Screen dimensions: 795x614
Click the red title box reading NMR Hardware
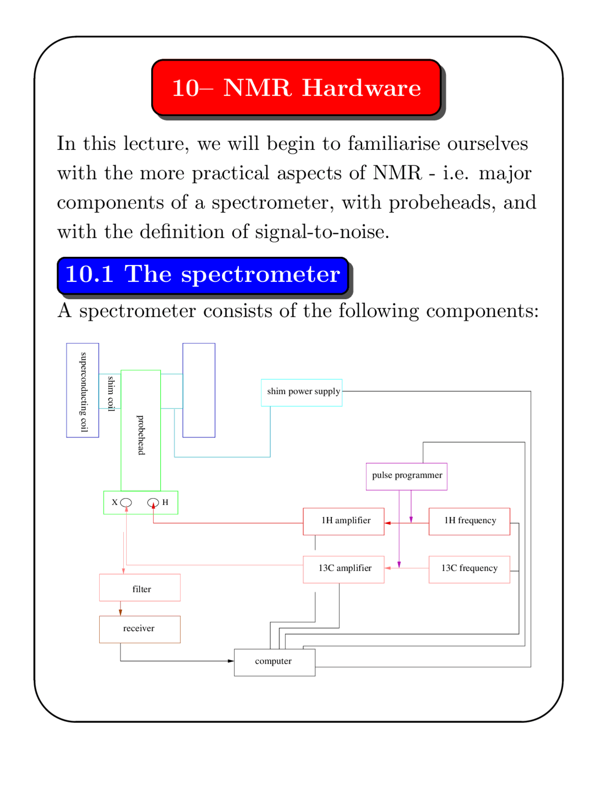(x=296, y=88)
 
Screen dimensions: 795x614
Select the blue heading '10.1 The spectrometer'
(x=202, y=275)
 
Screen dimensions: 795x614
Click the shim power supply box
(x=301, y=392)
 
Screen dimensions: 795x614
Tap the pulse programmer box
(x=406, y=476)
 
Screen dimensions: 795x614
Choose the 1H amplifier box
(x=343, y=521)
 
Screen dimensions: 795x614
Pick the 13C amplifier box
(x=343, y=569)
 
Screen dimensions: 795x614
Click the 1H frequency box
(x=469, y=521)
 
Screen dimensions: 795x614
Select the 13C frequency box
(x=469, y=569)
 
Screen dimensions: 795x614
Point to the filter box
(x=140, y=588)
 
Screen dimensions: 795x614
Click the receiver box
(x=140, y=629)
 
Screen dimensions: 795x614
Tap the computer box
(x=274, y=662)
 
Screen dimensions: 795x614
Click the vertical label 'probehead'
(x=141, y=435)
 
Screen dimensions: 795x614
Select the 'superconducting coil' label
(x=83, y=392)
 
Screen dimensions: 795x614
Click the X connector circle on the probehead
(x=126, y=502)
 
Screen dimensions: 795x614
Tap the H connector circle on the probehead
(x=153, y=502)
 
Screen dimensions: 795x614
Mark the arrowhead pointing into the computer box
(x=231, y=661)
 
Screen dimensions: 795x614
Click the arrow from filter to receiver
(x=120, y=609)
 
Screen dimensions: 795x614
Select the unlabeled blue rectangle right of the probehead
(x=199, y=390)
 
